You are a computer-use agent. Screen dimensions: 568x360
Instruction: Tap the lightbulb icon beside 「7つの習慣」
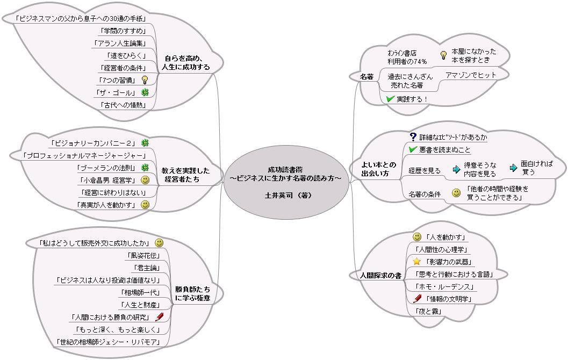[144, 80]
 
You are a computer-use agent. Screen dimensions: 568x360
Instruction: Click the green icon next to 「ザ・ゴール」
[145, 92]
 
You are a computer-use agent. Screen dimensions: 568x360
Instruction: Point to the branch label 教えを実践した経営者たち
[185, 175]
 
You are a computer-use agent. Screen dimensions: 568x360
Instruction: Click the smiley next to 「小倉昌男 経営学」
[145, 180]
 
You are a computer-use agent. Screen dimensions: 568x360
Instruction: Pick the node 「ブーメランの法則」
[105, 168]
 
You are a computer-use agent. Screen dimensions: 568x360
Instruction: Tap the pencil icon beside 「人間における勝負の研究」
[159, 317]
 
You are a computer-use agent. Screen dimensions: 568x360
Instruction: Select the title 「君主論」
[147, 268]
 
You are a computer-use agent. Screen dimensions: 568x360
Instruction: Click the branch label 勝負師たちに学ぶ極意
[192, 293]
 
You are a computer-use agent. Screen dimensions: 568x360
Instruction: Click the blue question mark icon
[413, 137]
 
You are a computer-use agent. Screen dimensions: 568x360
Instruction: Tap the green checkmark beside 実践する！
[391, 99]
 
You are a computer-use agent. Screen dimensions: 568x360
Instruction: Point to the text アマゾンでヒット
[471, 75]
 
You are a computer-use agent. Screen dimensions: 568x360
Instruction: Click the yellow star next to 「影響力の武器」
[416, 262]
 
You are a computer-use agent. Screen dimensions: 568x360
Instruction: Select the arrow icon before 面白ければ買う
[513, 168]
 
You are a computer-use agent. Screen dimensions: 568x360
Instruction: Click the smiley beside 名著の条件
[456, 193]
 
